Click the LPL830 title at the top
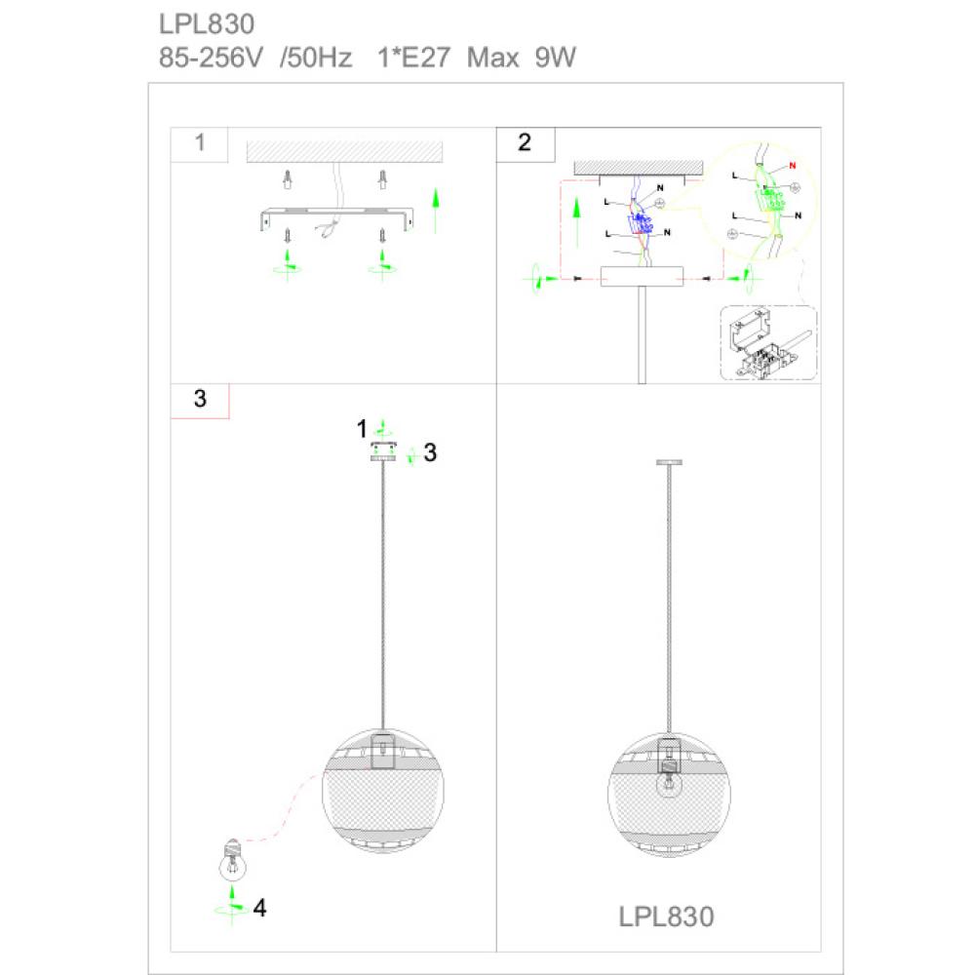[x=207, y=24]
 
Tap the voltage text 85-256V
[x=211, y=58]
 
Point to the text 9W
[x=556, y=58]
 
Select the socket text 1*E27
[x=413, y=58]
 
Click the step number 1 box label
[x=200, y=142]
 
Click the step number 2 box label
[x=525, y=142]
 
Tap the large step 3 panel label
[x=200, y=399]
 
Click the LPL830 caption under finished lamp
[x=666, y=916]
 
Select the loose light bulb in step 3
[x=233, y=860]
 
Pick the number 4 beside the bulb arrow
[x=260, y=908]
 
